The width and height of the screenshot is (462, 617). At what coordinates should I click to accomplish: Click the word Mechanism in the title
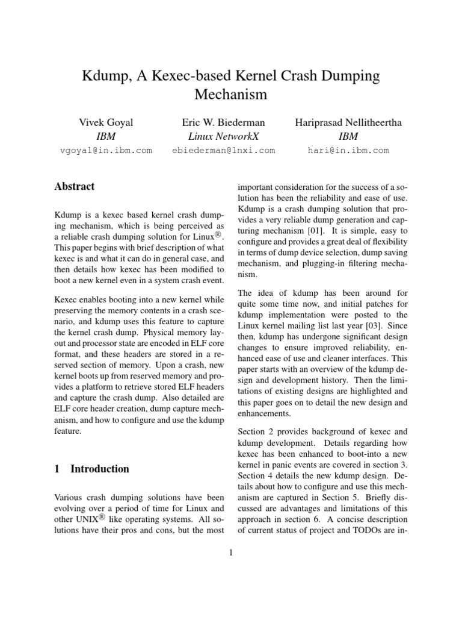click(x=231, y=95)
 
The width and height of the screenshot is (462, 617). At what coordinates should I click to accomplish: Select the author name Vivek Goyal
click(x=106, y=122)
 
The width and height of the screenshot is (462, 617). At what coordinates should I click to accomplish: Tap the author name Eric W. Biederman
click(x=224, y=122)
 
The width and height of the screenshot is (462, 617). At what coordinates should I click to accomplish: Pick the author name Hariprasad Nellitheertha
click(x=348, y=122)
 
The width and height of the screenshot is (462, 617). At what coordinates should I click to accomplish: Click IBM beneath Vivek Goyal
click(x=106, y=136)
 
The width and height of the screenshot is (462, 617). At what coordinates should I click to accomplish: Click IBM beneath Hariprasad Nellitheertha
click(x=348, y=136)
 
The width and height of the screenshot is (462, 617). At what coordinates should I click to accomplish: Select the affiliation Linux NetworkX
click(x=224, y=136)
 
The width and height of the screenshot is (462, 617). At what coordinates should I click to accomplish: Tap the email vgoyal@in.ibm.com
click(x=106, y=151)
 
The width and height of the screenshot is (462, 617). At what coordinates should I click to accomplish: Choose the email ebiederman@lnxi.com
click(x=224, y=151)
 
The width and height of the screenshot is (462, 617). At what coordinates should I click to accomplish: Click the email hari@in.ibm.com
click(x=348, y=151)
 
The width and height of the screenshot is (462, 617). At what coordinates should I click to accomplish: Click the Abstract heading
click(x=75, y=187)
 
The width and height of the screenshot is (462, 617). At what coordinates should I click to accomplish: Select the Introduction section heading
click(x=99, y=469)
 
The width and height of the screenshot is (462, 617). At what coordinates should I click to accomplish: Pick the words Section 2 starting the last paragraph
click(x=257, y=432)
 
